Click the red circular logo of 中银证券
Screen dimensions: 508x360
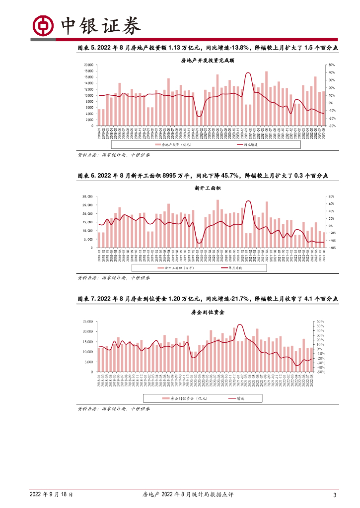pos(43,24)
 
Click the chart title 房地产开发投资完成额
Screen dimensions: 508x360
pos(208,60)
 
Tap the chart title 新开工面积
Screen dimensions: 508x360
pos(208,189)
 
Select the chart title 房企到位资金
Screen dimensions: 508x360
pos(208,313)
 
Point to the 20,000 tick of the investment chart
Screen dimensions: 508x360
pos(89,65)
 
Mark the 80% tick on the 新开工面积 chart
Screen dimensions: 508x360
pos(332,196)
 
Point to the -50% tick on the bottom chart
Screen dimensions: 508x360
pos(320,372)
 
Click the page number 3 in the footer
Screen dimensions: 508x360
pos(335,495)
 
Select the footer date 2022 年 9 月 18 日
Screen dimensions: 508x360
pos(52,495)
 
